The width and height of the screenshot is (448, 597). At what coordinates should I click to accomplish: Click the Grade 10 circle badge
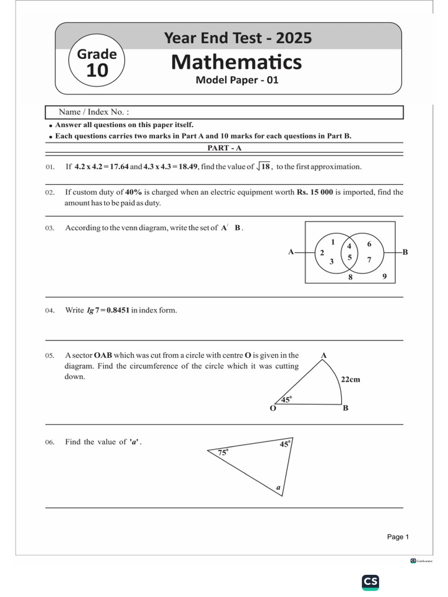coord(97,64)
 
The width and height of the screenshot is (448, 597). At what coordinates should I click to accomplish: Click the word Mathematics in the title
coord(236,61)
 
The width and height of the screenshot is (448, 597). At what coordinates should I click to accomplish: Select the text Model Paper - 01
coord(237,80)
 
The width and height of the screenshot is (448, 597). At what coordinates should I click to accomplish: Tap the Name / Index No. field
coord(224,112)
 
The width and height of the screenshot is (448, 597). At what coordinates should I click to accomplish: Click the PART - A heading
coord(225,148)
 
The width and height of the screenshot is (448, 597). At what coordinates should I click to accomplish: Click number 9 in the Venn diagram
coord(384,276)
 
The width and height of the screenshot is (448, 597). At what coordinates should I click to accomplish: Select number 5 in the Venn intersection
coord(349,257)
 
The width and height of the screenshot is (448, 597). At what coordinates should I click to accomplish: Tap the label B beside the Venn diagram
coord(405,252)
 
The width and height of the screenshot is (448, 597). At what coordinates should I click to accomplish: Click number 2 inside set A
coord(321,253)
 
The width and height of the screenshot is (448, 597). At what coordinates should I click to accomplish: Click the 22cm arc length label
coord(351,380)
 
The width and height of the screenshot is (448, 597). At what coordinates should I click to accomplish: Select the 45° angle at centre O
coord(286,399)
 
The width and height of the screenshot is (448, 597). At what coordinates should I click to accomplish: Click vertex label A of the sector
coord(324,355)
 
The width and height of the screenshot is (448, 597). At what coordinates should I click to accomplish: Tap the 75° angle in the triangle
coord(223,452)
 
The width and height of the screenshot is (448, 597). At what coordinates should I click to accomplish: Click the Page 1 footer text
coord(398,537)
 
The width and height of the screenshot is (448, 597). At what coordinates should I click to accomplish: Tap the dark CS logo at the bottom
coord(370,581)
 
